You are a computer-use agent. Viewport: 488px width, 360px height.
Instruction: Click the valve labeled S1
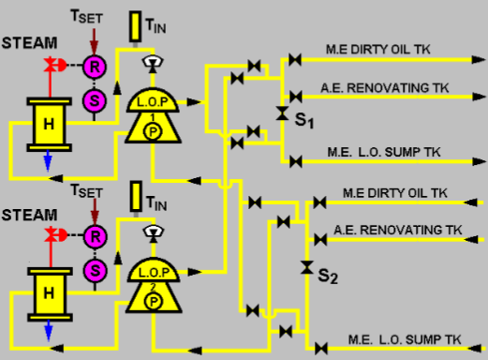(282, 113)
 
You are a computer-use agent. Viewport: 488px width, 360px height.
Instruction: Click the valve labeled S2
(305, 267)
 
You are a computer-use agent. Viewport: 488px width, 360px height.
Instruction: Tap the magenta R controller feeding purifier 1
(93, 67)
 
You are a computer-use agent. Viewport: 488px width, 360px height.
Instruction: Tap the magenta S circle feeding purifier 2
(93, 270)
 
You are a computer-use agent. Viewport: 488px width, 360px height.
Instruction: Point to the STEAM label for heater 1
(27, 42)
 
